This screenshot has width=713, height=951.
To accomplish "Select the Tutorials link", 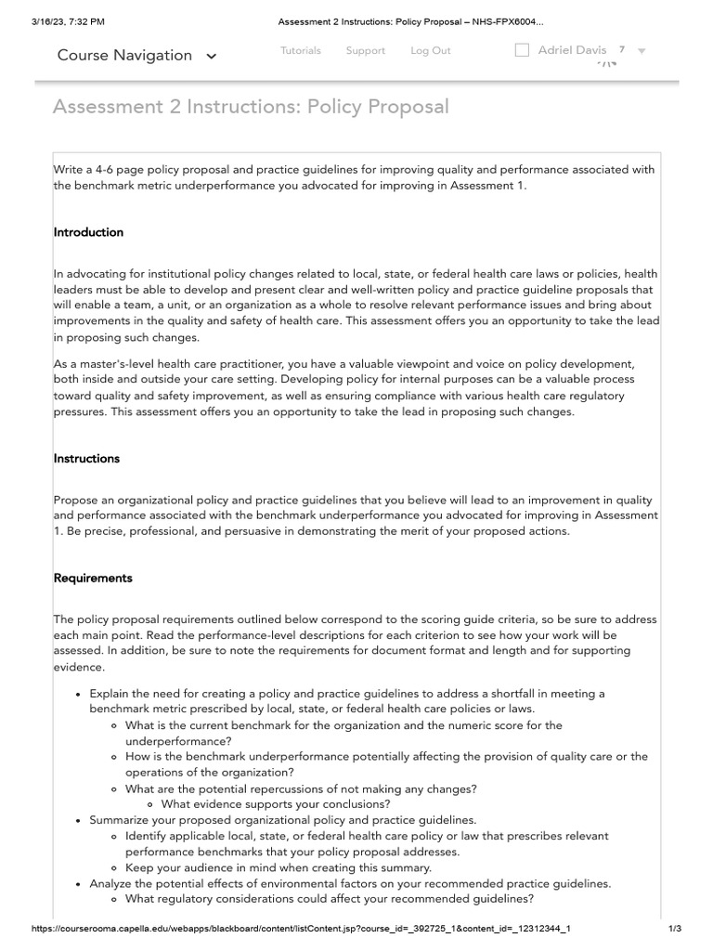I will [x=301, y=51].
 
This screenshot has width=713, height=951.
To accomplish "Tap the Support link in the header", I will [x=365, y=51].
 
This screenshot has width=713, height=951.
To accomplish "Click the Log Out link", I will [x=431, y=51].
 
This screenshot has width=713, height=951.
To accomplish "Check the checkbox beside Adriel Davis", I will [x=522, y=50].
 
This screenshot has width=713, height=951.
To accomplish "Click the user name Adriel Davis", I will [x=572, y=50].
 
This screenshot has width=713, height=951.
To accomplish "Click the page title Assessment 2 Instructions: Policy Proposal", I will [x=251, y=107].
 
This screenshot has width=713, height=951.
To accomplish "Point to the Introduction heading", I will [x=88, y=232].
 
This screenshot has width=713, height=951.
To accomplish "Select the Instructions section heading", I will [x=86, y=459].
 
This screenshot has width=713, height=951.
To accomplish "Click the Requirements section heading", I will [x=93, y=578].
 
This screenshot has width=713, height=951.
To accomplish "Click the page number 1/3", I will [x=675, y=928].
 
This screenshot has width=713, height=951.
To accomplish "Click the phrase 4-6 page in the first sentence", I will [x=118, y=169].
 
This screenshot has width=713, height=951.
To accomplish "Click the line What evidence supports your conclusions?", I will [x=275, y=804].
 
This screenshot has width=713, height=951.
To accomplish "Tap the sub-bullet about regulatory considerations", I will [x=330, y=899].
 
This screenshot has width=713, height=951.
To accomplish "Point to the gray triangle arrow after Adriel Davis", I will [x=642, y=51].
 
